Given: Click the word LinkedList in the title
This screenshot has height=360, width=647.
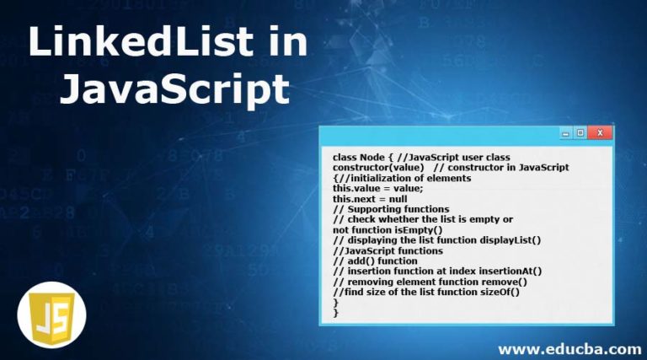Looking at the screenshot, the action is tap(141, 41).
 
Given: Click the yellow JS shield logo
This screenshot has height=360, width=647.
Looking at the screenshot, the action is tap(52, 315).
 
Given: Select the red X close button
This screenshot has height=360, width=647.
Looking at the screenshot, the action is tap(600, 133).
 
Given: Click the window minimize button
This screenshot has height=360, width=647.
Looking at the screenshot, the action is tap(565, 133).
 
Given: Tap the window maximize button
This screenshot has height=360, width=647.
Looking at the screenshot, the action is tap(580, 133).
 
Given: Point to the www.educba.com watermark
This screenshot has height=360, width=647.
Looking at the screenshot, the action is tap(569, 350).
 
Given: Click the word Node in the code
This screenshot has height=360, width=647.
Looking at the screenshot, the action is tap(372, 158).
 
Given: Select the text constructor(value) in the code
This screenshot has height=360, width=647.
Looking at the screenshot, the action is tap(378, 168).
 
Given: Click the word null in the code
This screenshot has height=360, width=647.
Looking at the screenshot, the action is tap(398, 199).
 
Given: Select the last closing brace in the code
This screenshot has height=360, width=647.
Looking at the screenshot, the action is tap(336, 314).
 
